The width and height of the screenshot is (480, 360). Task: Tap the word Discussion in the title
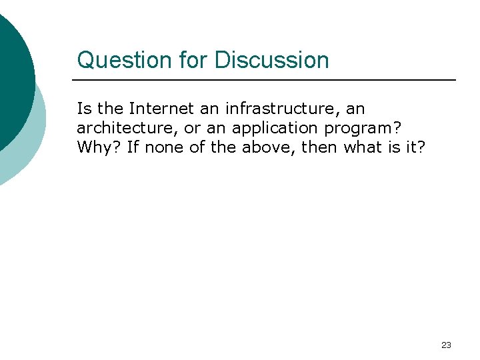click(271, 60)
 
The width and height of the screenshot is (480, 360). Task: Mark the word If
click(133, 147)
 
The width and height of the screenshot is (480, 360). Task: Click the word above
click(267, 147)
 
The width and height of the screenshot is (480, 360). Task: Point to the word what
click(364, 147)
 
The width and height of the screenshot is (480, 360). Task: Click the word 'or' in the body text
click(193, 127)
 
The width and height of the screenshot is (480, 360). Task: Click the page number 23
click(446, 345)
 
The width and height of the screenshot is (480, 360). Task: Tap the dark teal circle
click(12, 73)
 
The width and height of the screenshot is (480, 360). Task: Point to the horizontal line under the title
click(267, 80)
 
